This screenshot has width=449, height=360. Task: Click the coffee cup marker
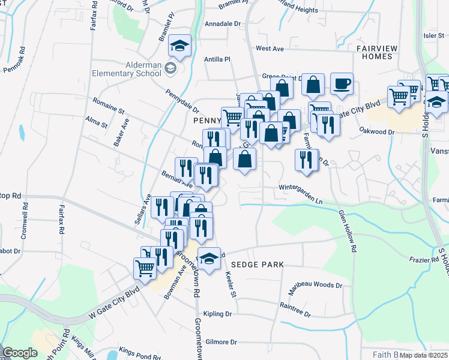coord(342,85)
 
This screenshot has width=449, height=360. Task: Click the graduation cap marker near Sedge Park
coord(209,259)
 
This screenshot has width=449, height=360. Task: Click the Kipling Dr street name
coord(218,314)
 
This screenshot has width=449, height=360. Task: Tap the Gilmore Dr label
coord(221,342)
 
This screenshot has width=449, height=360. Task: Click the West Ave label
coord(269,48)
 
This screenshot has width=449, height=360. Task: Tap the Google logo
coord(20,353)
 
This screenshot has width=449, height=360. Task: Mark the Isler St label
coord(433,35)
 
